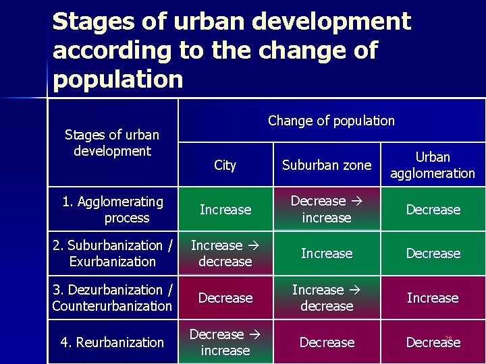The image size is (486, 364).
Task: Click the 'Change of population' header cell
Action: coord(331,121)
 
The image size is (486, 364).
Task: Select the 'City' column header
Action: coord(225,165)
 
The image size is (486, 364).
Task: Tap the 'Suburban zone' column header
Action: coord(327,165)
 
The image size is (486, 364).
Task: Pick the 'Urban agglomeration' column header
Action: coord(433,165)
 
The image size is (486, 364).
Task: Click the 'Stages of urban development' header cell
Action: coord(112,143)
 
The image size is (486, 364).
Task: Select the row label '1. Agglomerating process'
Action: coord(113,210)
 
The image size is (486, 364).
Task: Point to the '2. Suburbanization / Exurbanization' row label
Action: coord(113,253)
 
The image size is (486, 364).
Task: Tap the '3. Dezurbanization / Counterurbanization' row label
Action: coord(113,298)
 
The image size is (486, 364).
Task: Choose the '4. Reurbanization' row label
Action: coord(113,342)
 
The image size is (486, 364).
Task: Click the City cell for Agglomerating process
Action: coord(225,210)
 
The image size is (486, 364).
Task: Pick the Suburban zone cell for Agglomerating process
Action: coord(327,210)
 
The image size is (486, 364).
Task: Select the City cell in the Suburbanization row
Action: coord(225,253)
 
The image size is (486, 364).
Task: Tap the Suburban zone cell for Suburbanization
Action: coord(327,253)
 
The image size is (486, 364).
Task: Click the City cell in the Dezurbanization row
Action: coord(225,298)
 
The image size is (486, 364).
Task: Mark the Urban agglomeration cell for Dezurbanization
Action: coord(433,298)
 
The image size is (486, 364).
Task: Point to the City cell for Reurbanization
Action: coord(225,342)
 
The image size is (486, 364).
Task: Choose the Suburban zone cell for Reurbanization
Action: coord(327,342)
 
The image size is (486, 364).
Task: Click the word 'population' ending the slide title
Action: coord(118,80)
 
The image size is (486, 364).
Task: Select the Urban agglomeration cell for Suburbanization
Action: coord(433,253)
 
